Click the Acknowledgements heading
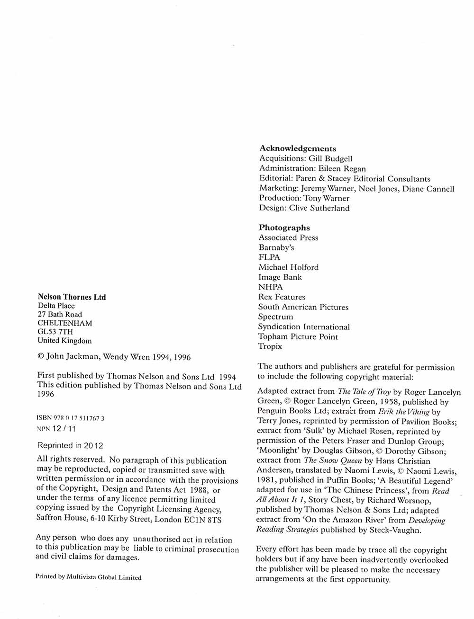pyautogui.click(x=298, y=149)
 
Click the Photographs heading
pyautogui.click(x=284, y=228)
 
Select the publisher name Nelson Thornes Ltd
pyautogui.click(x=72, y=297)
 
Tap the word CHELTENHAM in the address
pyautogui.click(x=65, y=323)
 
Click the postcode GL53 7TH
pyautogui.click(x=55, y=332)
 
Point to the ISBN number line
pyautogui.click(x=71, y=418)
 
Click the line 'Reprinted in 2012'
pyautogui.click(x=70, y=445)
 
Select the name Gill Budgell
pyautogui.click(x=330, y=159)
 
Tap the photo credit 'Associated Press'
pyautogui.click(x=288, y=238)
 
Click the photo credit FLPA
pyautogui.click(x=269, y=257)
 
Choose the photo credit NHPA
pyautogui.click(x=270, y=287)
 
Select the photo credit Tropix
pyautogui.click(x=270, y=346)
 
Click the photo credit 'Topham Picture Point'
pyautogui.click(x=298, y=336)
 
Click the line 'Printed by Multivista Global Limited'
pyautogui.click(x=89, y=577)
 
